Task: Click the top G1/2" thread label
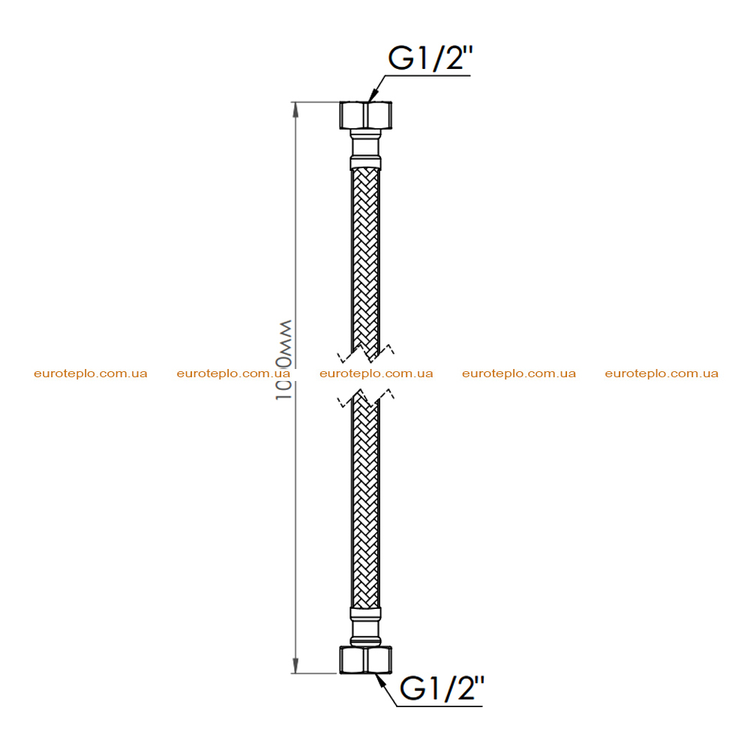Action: pyautogui.click(x=430, y=58)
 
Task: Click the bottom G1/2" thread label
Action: pyautogui.click(x=442, y=688)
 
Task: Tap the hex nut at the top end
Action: pyautogui.click(x=365, y=115)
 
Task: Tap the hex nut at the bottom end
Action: pyautogui.click(x=365, y=659)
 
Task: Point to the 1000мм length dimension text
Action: pyautogui.click(x=283, y=360)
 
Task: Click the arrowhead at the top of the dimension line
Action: pyautogui.click(x=295, y=109)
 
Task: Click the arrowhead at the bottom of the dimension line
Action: pyautogui.click(x=295, y=665)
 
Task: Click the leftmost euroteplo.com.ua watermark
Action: pyautogui.click(x=91, y=373)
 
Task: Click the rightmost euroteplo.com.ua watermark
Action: pyautogui.click(x=661, y=373)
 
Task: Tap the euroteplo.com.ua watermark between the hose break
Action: pyautogui.click(x=376, y=373)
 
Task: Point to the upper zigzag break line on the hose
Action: pyautogui.click(x=366, y=353)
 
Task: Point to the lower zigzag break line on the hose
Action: pyautogui.click(x=366, y=397)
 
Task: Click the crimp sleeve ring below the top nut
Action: pyautogui.click(x=365, y=162)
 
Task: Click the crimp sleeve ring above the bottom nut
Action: pyautogui.click(x=365, y=613)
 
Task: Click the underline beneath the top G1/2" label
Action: pyautogui.click(x=427, y=76)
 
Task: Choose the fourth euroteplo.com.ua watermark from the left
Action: pyautogui.click(x=519, y=373)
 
